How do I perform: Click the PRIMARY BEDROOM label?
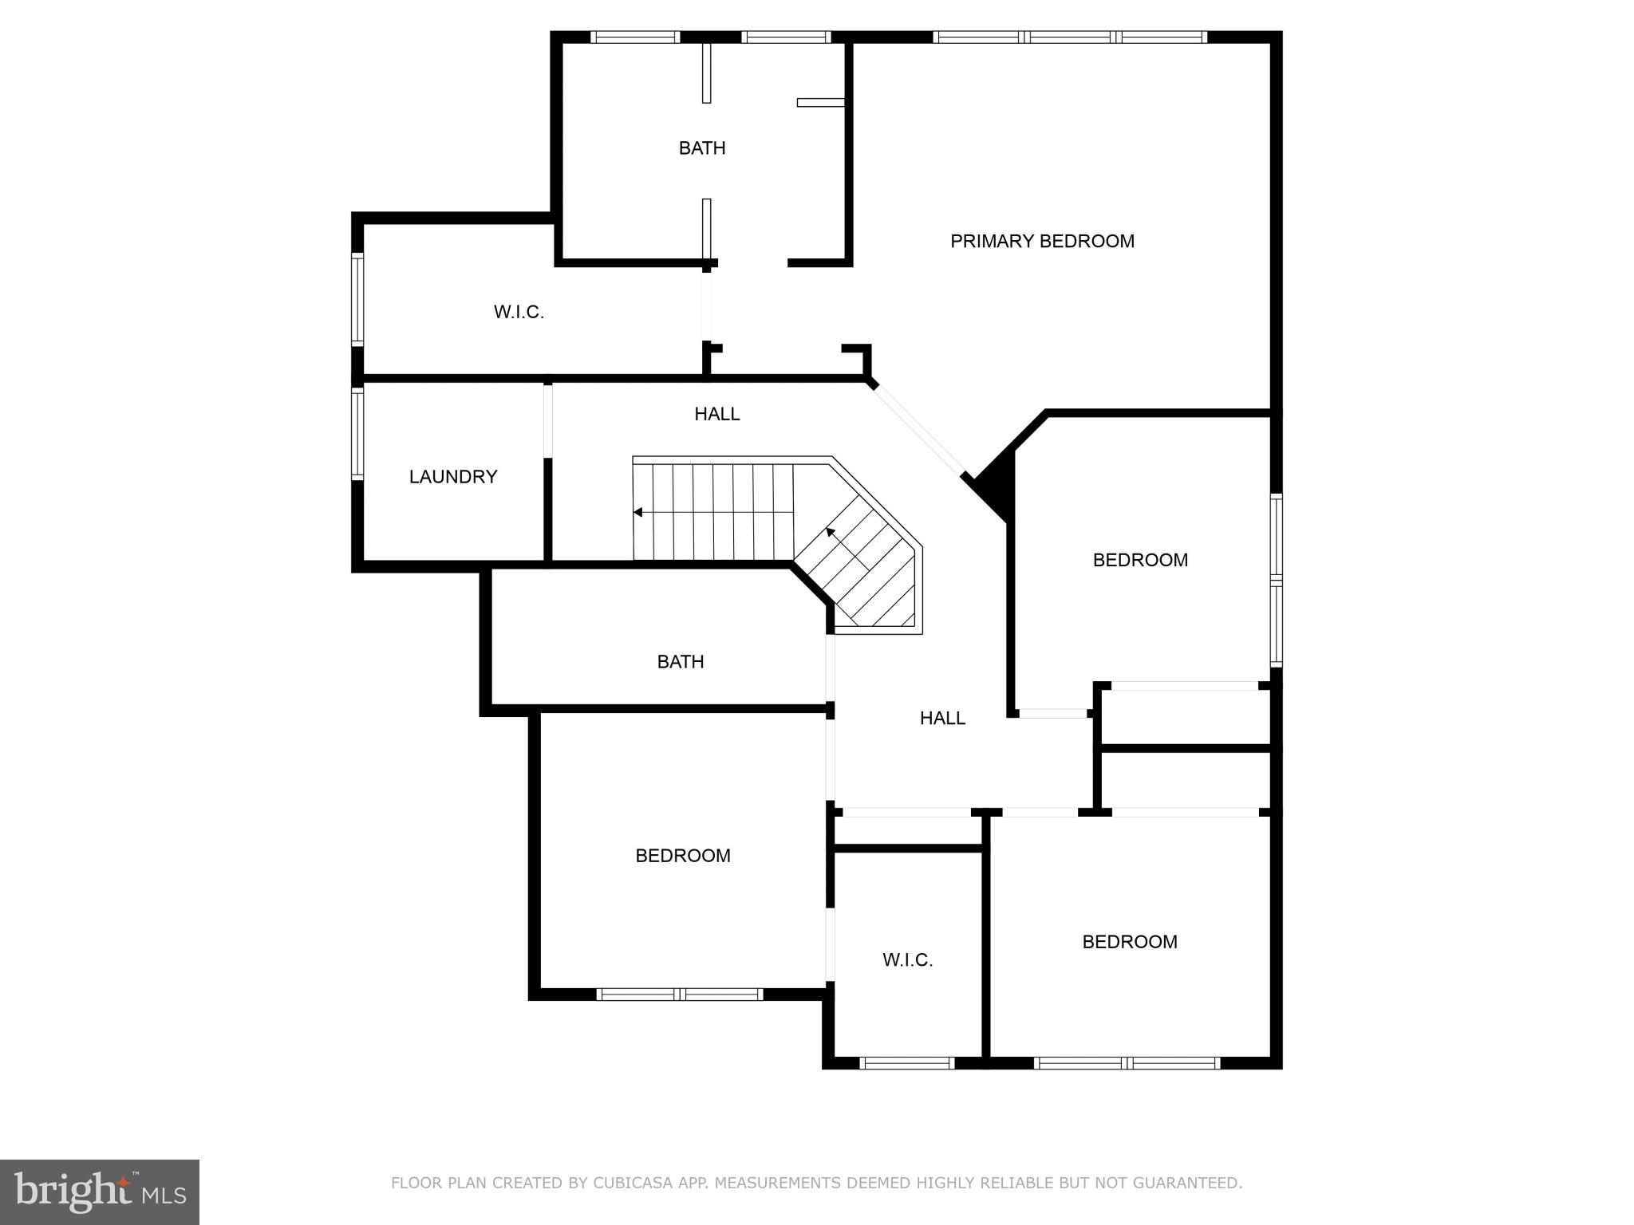point(1042,241)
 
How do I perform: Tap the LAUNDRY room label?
point(453,477)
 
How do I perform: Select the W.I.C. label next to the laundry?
point(519,312)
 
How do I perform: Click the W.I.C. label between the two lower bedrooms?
point(907,960)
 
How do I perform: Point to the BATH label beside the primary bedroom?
point(702,148)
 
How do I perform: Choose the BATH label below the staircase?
point(680,662)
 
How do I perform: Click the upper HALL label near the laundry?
point(716,414)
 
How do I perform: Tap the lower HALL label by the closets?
point(942,719)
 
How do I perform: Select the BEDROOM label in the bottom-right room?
point(1129,942)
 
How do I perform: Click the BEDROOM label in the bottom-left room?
point(683,856)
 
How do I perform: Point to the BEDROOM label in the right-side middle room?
point(1140,560)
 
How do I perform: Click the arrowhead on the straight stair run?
point(638,512)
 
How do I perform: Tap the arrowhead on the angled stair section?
point(831,532)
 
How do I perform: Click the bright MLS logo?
point(100,1192)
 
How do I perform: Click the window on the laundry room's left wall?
point(358,433)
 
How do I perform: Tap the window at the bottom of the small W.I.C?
point(907,1062)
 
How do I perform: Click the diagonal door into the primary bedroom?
point(918,431)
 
